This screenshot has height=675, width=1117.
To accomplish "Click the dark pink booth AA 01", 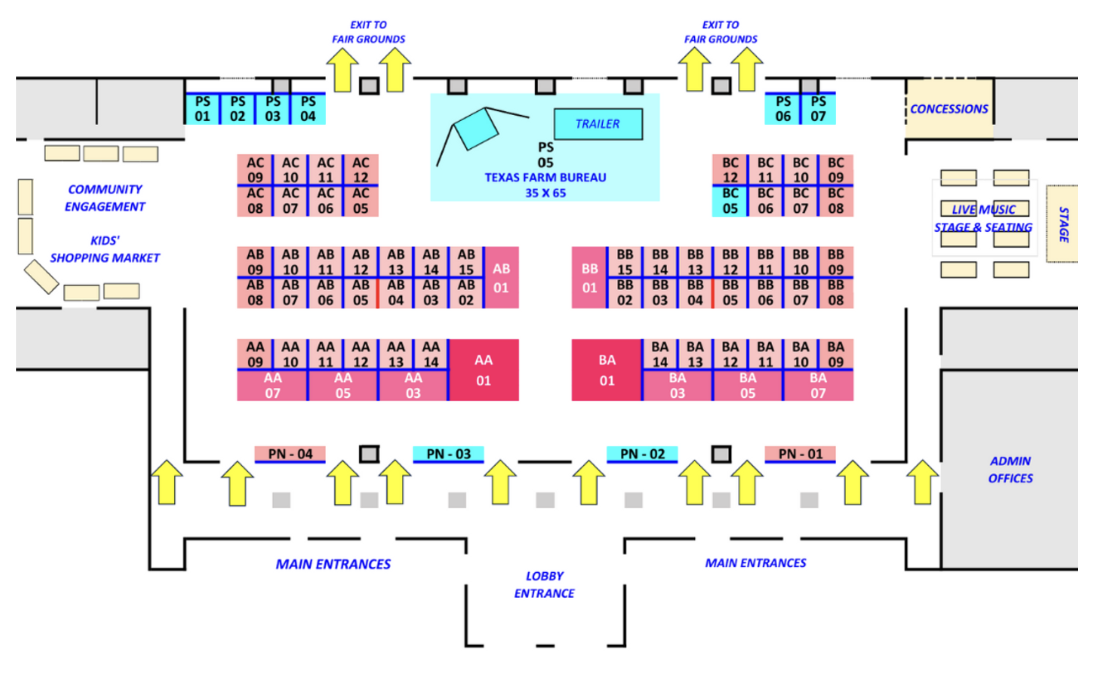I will click(483, 370).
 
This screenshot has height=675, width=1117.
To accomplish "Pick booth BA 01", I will click(606, 370).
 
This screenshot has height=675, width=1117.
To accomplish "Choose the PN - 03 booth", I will click(448, 454).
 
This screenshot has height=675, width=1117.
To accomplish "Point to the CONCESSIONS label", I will click(949, 109).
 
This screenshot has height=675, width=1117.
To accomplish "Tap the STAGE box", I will click(1062, 224).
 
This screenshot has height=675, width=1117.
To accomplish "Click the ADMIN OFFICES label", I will click(1010, 470).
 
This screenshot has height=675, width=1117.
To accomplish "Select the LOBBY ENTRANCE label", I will click(544, 584).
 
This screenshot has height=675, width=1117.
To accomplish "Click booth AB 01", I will click(501, 278).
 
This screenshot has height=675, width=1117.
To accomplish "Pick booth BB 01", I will click(589, 278).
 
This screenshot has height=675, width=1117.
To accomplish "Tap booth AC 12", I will click(360, 170).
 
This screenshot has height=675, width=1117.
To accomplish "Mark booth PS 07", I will click(818, 109).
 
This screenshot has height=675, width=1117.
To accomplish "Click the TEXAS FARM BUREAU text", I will click(545, 177).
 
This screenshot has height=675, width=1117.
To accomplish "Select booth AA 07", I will click(272, 385).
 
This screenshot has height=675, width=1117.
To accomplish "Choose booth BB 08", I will click(835, 293).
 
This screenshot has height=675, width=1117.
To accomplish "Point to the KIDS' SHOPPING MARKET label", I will click(105, 249).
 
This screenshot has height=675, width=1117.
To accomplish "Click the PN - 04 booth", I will click(290, 454).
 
